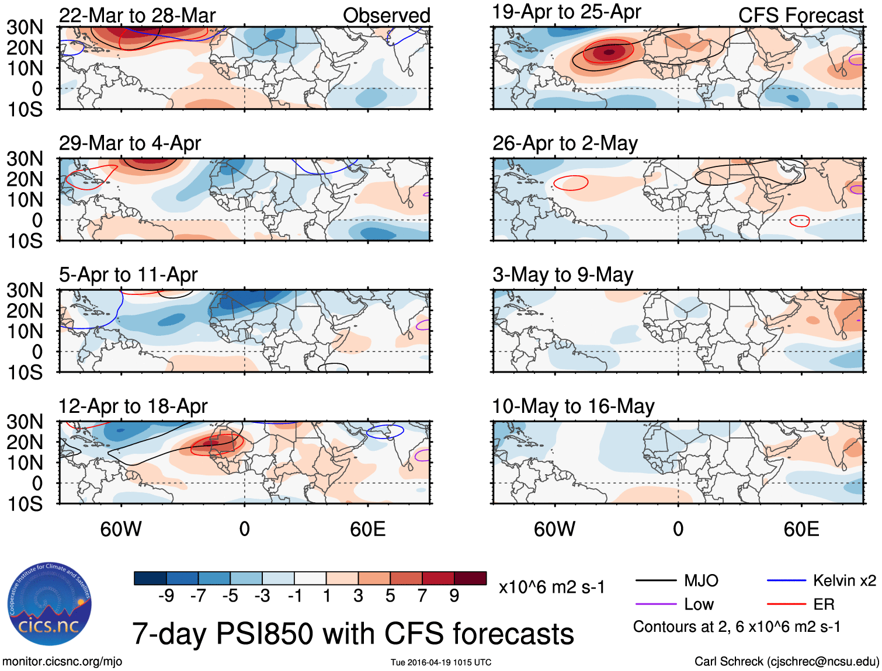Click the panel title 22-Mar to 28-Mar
137,16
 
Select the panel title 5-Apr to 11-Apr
129,274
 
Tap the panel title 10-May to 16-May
573,406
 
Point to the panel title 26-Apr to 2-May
565,143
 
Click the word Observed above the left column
386,16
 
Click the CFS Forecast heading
800,16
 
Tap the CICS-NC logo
50,604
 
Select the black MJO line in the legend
655,580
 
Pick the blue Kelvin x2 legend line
786,580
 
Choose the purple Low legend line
655,604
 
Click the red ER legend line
786,604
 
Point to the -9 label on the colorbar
166,596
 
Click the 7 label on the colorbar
422,596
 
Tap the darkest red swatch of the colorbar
470,578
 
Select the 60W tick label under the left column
121,529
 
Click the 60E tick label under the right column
801,529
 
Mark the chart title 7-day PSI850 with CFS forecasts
353,634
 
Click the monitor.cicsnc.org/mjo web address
62,662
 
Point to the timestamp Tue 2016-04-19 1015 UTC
441,662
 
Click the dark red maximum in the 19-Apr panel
609,52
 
